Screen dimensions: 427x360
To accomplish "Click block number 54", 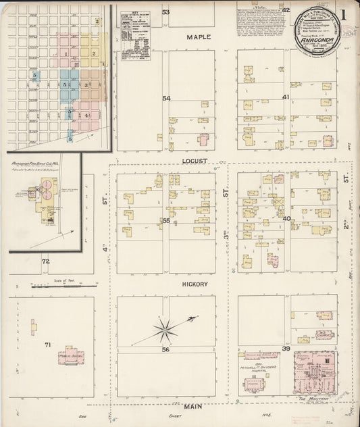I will (166, 98).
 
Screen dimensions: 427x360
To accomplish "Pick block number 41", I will (286, 97).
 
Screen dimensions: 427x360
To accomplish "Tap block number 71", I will (47, 345).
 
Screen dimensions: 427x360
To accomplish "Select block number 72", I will (45, 261).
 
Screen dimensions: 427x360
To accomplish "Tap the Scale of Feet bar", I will (63, 286).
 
